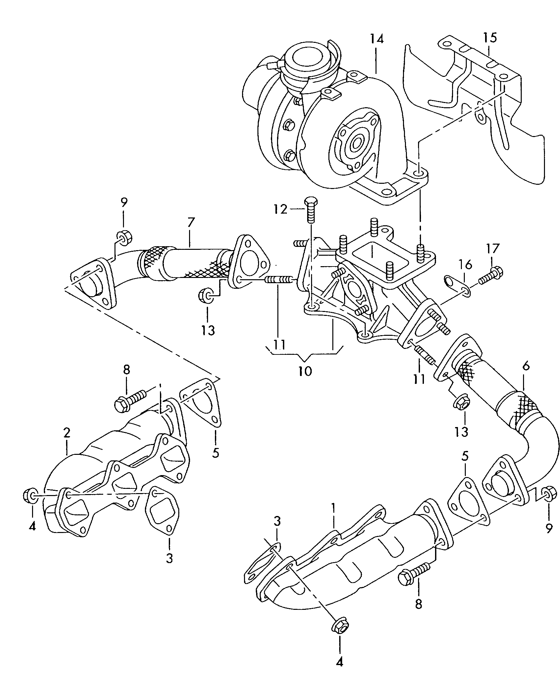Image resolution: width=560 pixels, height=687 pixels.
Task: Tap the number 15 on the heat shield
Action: [x=490, y=38]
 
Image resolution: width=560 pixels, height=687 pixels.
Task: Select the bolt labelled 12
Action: [x=310, y=209]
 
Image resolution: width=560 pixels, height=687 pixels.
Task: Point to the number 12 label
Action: [x=280, y=209]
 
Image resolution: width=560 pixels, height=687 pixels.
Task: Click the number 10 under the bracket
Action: [x=305, y=371]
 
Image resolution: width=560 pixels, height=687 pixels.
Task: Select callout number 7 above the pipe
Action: [x=191, y=223]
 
